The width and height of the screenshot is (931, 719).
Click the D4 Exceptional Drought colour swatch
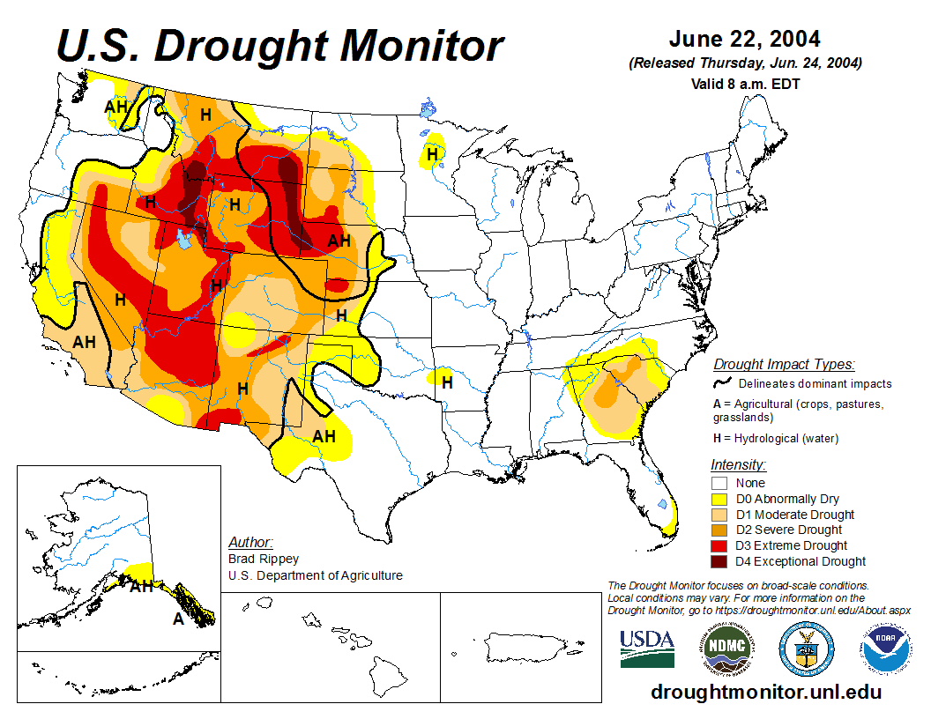719,561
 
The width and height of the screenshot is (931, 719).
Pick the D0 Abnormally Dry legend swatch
719,499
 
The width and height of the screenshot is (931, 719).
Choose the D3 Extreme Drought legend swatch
719,545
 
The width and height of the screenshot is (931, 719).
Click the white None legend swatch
719,483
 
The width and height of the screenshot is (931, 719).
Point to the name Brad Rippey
263,559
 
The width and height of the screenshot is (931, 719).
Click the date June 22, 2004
744,40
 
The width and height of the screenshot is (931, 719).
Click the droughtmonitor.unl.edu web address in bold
766,692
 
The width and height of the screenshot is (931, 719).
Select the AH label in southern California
84,342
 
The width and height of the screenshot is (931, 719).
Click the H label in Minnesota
432,154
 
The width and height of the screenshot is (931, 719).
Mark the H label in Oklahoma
447,382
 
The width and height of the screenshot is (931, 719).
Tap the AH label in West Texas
324,436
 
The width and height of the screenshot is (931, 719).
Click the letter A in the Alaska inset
177,619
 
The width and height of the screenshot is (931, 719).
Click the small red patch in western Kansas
337,285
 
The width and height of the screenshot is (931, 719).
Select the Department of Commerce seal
806,648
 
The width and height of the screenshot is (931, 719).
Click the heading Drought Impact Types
784,364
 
